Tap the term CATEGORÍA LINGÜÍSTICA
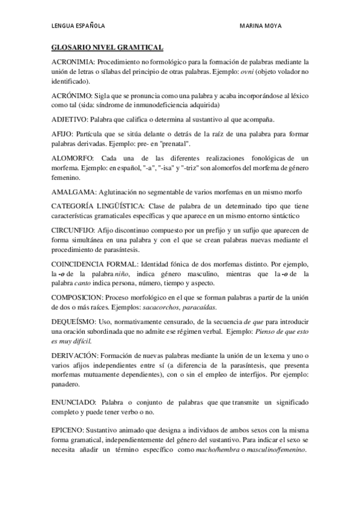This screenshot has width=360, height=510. tap(96, 206)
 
